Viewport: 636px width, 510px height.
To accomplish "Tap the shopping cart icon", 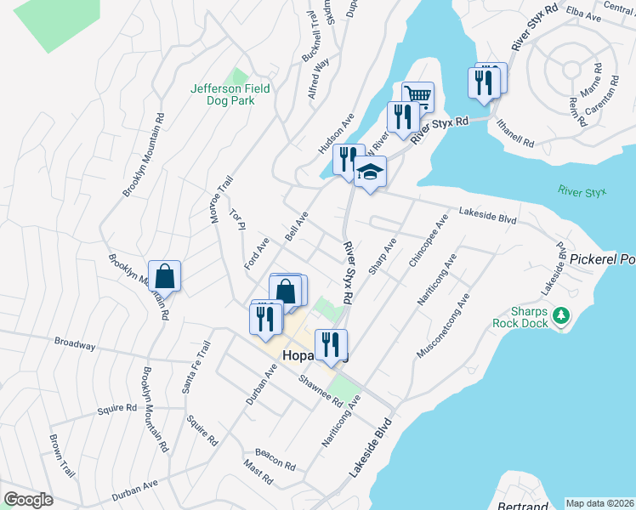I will (x=417, y=95).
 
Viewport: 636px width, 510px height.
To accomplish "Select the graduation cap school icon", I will (x=370, y=173).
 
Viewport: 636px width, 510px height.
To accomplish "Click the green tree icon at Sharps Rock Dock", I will (x=560, y=317).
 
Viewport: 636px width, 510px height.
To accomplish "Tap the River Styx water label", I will (x=582, y=191).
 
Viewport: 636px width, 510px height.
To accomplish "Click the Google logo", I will (x=28, y=499).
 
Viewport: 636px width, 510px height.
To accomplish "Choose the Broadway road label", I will (x=75, y=344).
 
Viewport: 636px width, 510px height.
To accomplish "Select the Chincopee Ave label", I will (x=428, y=242).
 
